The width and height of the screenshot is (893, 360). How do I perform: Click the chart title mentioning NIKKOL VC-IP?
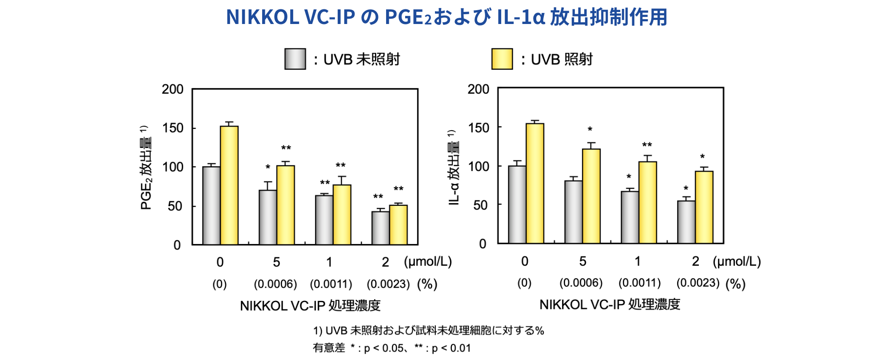(446, 17)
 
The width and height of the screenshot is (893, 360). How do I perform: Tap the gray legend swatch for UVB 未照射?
(295, 59)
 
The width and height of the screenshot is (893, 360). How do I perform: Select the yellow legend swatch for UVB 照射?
(502, 59)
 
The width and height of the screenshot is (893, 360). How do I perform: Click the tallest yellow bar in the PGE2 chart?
(229, 185)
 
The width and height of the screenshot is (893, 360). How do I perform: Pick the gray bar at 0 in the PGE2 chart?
(211, 205)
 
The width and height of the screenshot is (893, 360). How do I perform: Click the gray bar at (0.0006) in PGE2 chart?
(268, 217)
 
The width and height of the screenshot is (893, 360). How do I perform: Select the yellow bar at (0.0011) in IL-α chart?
(648, 202)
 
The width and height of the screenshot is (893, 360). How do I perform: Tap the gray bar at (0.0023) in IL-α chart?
(686, 222)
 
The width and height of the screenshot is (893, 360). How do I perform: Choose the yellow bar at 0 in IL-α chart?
(535, 183)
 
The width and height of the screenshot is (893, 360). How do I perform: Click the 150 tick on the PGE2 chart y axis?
(172, 128)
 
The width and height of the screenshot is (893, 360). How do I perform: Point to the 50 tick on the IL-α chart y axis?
(480, 205)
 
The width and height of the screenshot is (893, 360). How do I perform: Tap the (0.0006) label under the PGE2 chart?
(275, 284)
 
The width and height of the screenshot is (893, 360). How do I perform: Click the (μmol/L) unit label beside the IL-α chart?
(737, 261)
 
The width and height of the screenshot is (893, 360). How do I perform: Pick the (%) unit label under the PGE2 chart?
(427, 284)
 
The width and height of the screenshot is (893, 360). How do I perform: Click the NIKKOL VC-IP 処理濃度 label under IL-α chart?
(610, 304)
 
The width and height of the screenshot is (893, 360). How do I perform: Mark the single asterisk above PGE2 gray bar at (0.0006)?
(268, 168)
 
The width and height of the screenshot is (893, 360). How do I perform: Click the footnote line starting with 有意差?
(391, 348)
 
